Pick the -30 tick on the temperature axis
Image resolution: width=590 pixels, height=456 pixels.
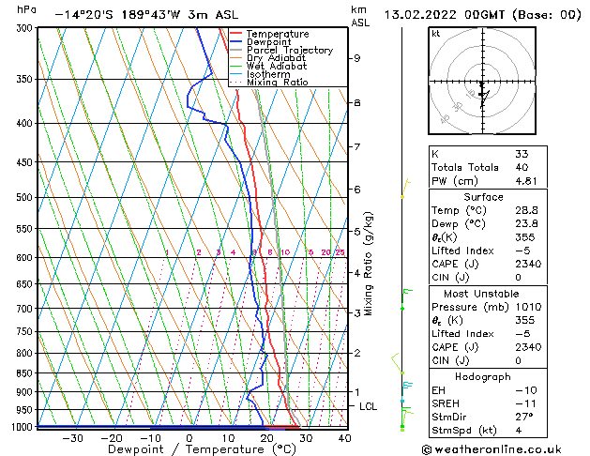(72, 438)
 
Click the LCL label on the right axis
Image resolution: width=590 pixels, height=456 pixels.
(369, 406)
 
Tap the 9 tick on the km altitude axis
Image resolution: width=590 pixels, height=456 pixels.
(357, 58)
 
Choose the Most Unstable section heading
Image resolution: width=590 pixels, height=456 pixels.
(483, 294)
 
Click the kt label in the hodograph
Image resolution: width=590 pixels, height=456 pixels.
(435, 34)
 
